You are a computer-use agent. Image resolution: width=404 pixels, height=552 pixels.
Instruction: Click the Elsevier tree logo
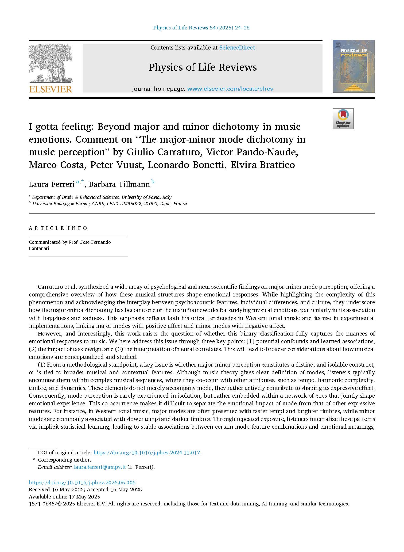[x=50, y=63]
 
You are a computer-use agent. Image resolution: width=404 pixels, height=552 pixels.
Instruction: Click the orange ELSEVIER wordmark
[x=50, y=89]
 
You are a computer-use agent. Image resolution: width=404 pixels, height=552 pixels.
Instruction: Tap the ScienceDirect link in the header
[x=237, y=48]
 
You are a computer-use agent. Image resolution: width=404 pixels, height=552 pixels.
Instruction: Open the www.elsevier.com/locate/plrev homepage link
[x=230, y=89]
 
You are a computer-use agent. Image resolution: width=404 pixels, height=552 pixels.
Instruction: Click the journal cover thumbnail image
[x=353, y=66]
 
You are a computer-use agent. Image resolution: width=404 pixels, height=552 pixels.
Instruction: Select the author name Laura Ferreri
[x=52, y=184]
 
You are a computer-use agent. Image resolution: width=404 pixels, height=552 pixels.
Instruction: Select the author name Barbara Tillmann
[x=119, y=184]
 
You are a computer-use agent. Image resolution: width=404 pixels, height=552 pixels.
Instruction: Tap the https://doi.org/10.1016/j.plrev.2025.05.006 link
[x=82, y=483]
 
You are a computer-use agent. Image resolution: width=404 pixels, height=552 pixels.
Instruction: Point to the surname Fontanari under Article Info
[x=39, y=248]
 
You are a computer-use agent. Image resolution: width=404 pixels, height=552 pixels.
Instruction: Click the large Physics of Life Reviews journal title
[x=203, y=67]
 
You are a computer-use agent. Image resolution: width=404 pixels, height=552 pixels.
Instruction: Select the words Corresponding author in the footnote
[x=64, y=460]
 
